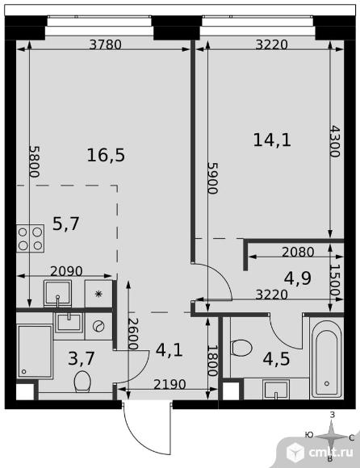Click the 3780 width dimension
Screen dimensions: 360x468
[106, 44]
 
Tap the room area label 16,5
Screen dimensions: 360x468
[106, 156]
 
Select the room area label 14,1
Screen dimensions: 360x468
[272, 140]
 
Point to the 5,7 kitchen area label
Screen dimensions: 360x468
[65, 224]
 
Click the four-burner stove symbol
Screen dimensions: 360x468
[31, 239]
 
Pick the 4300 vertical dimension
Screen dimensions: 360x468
[335, 141]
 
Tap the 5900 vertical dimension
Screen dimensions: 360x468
[213, 178]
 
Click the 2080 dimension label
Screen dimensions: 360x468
[298, 253]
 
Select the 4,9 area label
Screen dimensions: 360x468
[298, 278]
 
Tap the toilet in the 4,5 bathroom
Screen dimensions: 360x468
[241, 348]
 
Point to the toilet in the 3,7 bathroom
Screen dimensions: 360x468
[82, 381]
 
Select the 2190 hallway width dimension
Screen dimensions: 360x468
[170, 384]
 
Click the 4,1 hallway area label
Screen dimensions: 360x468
[170, 350]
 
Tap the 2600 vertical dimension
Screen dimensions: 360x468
[133, 334]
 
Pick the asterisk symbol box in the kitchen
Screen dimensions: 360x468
[98, 294]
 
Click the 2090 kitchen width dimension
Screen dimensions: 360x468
[66, 271]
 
